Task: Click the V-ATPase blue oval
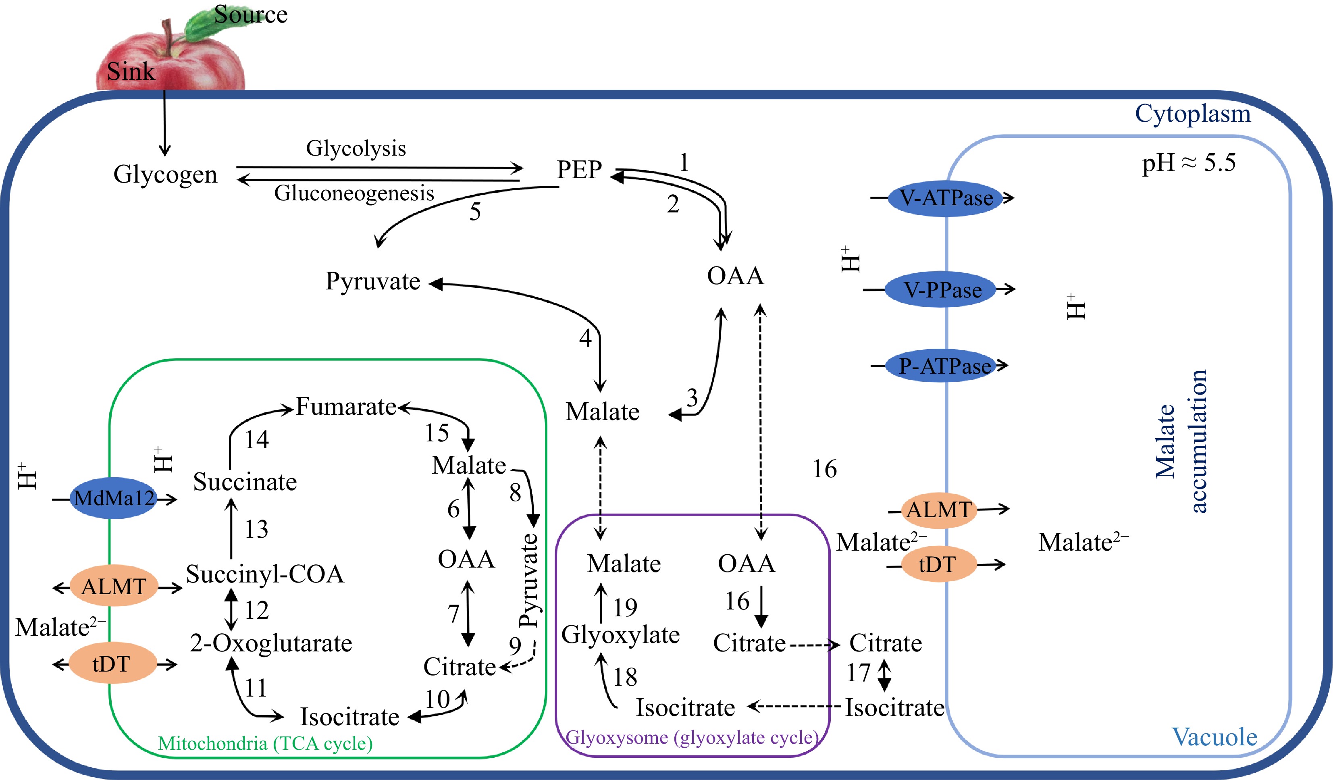(x=946, y=198)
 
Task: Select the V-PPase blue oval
(x=942, y=290)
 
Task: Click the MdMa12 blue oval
(x=114, y=498)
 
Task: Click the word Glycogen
(x=165, y=174)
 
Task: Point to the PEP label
(x=579, y=170)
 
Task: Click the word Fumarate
(x=346, y=407)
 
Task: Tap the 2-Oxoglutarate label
(x=271, y=643)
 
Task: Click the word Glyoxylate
(x=620, y=634)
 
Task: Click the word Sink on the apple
(x=131, y=71)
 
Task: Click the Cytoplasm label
(x=1193, y=113)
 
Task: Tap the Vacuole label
(x=1214, y=736)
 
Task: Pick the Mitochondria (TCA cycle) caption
(x=265, y=743)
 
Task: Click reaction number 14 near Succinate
(x=256, y=439)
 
